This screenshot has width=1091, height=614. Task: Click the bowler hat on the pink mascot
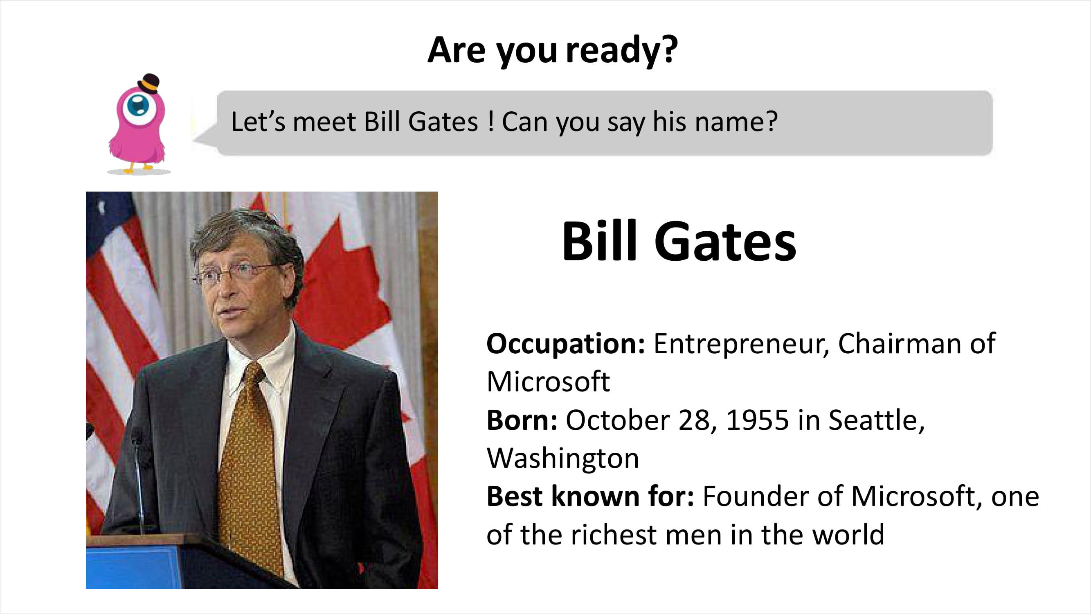(148, 83)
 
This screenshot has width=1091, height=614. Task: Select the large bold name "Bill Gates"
(679, 241)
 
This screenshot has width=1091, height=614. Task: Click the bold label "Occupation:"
(566, 344)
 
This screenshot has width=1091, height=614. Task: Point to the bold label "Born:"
(522, 420)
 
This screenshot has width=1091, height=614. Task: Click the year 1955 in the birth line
(758, 420)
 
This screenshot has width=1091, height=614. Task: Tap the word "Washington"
(563, 459)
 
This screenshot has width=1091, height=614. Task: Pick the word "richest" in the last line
(614, 535)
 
